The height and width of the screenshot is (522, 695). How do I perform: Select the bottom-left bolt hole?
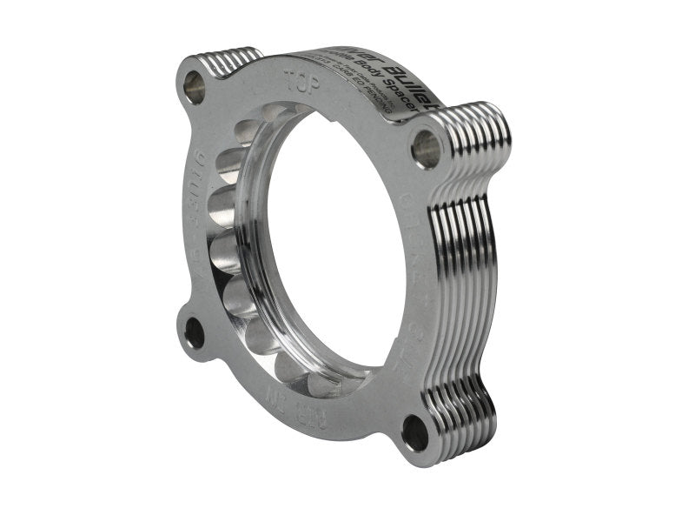pos(195,332)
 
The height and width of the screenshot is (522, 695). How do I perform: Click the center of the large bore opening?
pos(326,252)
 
